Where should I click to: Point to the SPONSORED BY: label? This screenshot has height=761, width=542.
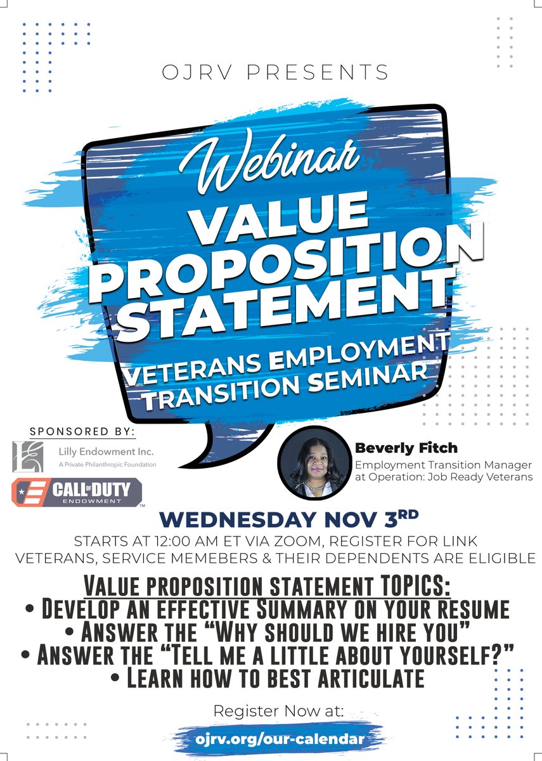[82, 431]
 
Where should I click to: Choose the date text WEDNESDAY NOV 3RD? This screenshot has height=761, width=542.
[271, 519]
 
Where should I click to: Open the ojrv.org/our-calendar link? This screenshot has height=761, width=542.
[280, 739]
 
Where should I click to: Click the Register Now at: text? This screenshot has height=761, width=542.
[278, 711]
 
